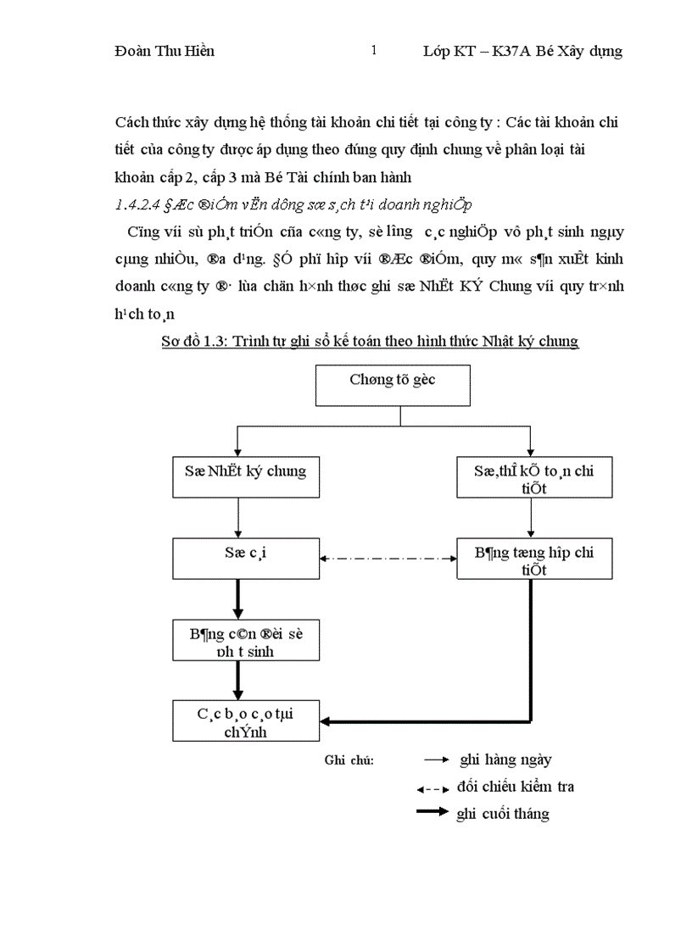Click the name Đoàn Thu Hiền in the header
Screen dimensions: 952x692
click(x=164, y=51)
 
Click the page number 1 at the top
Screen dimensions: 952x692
click(x=374, y=50)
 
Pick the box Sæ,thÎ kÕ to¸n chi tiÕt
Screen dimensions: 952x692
click(x=531, y=476)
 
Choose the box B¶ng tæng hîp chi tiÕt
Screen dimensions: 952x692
click(x=533, y=560)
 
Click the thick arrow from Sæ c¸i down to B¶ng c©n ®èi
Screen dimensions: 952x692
click(x=238, y=600)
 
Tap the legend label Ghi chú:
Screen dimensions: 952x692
click(x=349, y=760)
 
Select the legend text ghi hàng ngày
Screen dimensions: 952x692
click(x=505, y=760)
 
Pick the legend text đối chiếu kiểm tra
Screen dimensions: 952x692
click(x=515, y=787)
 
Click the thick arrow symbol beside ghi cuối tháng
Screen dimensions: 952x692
click(x=432, y=812)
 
